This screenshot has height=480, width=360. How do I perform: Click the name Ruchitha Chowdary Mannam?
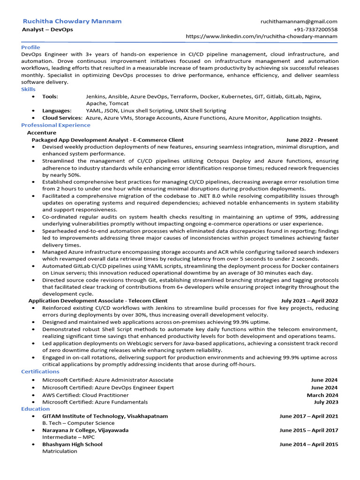[x=72, y=21]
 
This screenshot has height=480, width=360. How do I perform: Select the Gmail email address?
[x=299, y=22]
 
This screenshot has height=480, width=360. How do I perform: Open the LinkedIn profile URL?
[x=262, y=37]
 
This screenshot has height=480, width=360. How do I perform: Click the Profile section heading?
[x=31, y=47]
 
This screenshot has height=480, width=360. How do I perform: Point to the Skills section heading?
[x=28, y=89]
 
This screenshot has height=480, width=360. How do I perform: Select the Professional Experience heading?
[x=56, y=125]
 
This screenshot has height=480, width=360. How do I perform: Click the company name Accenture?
[x=42, y=133]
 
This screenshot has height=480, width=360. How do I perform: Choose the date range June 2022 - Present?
[x=312, y=140]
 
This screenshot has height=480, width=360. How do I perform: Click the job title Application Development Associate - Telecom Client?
[x=98, y=300]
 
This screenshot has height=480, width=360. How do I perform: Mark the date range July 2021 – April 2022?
[x=309, y=300]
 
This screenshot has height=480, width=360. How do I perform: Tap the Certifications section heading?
[x=40, y=372]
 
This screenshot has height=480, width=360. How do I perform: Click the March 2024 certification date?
[x=322, y=395]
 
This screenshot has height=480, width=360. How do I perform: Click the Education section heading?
[x=35, y=409]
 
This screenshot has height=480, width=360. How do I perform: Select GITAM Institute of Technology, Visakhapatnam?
[x=105, y=416]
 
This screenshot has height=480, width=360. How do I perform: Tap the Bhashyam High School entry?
[x=72, y=444]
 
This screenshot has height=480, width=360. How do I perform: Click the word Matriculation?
[x=60, y=451]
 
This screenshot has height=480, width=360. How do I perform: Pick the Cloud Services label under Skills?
[x=62, y=118]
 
